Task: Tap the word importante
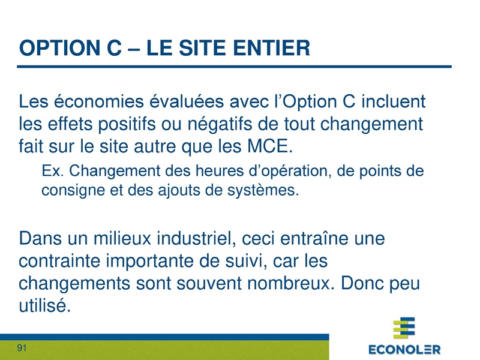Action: (171, 263)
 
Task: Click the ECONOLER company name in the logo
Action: (404, 349)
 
